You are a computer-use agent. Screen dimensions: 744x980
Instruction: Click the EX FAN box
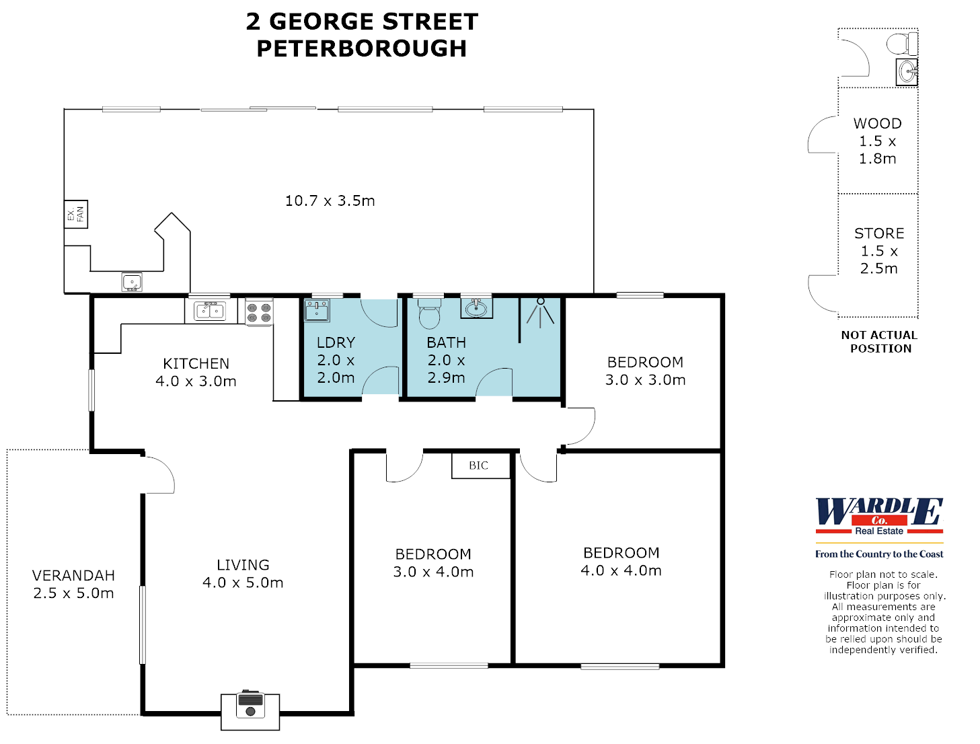(76, 215)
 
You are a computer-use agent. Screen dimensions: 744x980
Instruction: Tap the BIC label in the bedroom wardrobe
(479, 466)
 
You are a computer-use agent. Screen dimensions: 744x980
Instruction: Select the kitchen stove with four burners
(259, 313)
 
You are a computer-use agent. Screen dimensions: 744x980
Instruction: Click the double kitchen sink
(209, 311)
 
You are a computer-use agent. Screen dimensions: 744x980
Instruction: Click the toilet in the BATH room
(429, 313)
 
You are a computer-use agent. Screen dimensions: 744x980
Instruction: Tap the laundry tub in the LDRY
(316, 311)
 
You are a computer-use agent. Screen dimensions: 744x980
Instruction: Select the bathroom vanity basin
(476, 308)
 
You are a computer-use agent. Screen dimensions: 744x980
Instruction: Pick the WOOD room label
(878, 124)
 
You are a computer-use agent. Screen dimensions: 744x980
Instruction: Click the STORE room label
(879, 233)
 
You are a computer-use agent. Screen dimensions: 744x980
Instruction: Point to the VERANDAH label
(73, 576)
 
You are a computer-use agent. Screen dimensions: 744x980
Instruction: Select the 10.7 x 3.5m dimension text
(330, 200)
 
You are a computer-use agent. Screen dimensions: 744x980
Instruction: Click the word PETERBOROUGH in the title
(362, 48)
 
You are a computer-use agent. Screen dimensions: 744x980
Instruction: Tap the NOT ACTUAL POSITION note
(880, 342)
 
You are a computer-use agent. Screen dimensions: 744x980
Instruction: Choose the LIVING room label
(243, 565)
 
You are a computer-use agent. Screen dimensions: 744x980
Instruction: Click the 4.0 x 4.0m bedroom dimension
(621, 571)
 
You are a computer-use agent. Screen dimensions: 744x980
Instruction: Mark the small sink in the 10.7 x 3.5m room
(132, 282)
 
